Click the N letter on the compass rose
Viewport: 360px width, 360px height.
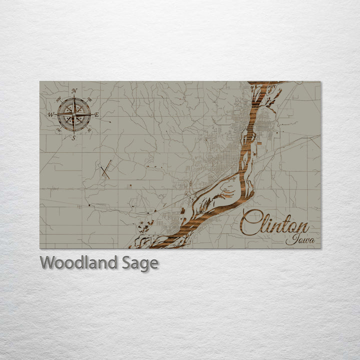click(74, 90)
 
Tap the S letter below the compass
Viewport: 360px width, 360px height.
click(74, 138)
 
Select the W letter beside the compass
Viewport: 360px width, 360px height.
click(50, 114)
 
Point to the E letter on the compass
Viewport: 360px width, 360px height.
click(97, 115)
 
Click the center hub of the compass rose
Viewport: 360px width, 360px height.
click(74, 114)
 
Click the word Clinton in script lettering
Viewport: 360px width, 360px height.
click(275, 222)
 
